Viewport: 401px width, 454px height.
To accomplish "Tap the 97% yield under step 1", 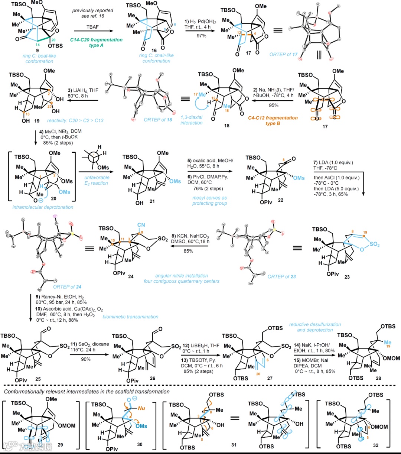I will coord(201,35).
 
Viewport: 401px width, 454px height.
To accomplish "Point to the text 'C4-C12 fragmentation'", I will coord(273,118).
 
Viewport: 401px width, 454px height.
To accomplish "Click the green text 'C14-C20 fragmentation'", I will coord(96,40).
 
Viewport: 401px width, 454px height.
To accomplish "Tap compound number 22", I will coord(280,200).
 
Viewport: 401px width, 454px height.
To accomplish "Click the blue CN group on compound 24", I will coord(140,225).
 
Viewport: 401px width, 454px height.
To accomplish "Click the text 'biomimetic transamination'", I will coord(130,317).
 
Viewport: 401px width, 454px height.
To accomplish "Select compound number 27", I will coord(270,378).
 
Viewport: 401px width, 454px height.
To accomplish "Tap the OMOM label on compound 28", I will coord(391,358).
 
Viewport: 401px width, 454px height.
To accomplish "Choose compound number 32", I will coord(375,445).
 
